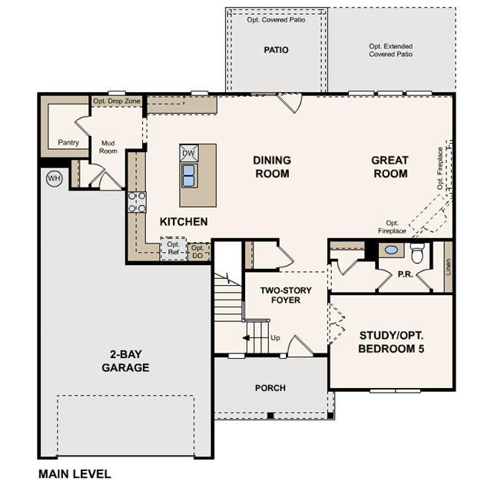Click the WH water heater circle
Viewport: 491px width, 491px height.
coord(55,178)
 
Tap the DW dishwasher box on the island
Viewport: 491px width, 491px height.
coord(189,153)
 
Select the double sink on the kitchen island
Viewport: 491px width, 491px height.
coord(189,176)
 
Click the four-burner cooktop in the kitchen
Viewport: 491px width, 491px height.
coord(137,202)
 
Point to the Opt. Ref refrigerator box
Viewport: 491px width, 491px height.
coord(173,248)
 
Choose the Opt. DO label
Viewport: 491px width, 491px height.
coord(197,252)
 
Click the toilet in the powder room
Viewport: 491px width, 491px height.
coord(416,253)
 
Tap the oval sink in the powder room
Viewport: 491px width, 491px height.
coord(391,250)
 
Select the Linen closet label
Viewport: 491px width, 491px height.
coord(449,267)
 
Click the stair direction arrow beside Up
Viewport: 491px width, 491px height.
coord(246,338)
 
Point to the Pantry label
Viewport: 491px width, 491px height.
coord(68,142)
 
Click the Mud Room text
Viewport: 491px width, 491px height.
coord(108,147)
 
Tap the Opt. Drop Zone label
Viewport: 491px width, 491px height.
coord(117,101)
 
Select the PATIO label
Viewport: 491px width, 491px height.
coord(276,50)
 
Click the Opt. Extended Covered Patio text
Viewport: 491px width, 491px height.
coord(390,50)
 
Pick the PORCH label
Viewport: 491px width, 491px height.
coord(270,388)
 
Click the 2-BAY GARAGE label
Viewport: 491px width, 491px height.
coord(125,360)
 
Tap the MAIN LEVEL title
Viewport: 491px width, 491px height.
coord(75,474)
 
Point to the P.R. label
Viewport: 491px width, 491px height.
coord(405,274)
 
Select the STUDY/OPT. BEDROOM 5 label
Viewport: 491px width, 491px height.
coord(391,342)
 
